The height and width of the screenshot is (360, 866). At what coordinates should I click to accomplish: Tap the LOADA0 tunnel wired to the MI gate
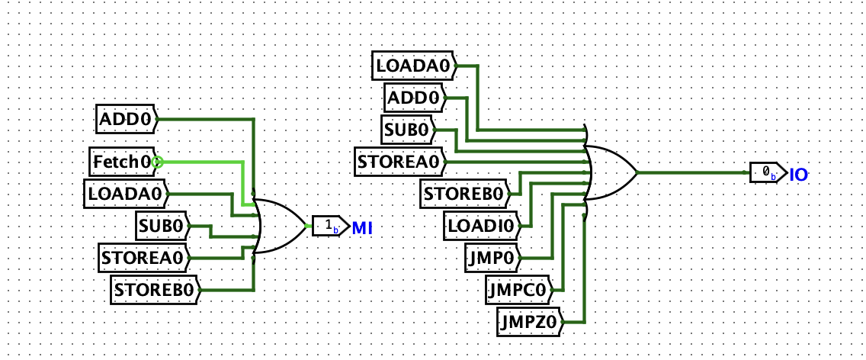coord(125,194)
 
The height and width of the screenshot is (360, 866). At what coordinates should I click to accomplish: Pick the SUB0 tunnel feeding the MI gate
coord(162,225)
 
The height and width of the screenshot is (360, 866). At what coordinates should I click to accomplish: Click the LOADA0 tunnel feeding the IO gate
coord(413,66)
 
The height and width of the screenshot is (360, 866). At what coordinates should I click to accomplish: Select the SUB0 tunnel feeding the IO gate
coord(409,129)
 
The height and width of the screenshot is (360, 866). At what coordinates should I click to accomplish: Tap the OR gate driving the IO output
coord(612,172)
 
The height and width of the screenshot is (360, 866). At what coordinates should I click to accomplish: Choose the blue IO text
coord(798,175)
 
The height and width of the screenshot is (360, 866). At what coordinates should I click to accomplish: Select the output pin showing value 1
coord(329,227)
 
